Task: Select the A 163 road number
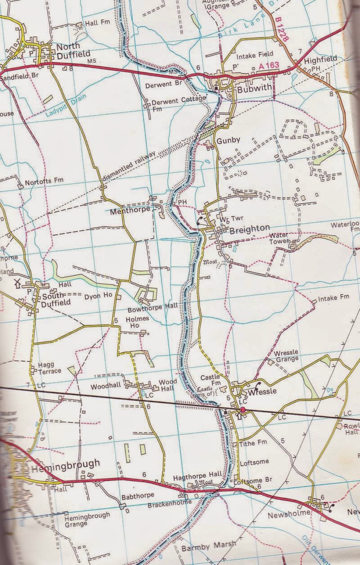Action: (269, 66)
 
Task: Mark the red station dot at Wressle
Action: (243, 410)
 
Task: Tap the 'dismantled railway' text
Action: (129, 164)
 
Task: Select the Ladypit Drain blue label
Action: (65, 104)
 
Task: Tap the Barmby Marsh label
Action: (201, 548)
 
